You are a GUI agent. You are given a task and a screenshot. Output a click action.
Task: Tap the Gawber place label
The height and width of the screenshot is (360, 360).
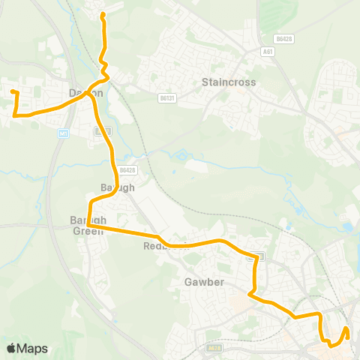(x=200, y=283)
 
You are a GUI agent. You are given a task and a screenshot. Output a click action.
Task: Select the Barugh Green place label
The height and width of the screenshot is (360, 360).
(x=88, y=226)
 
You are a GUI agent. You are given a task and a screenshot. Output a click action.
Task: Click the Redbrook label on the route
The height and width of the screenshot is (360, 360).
(x=162, y=245)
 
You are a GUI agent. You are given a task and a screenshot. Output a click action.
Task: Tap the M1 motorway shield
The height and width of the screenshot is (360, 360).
(x=64, y=133)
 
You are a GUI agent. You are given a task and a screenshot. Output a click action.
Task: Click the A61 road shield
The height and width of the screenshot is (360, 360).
(x=268, y=52)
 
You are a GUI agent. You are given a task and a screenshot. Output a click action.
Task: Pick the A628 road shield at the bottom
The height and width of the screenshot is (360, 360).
(x=215, y=348)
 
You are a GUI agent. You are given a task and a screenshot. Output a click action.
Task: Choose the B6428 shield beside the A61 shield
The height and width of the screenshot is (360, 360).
(x=283, y=37)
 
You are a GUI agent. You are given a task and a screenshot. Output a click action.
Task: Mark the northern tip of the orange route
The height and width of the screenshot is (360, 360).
(x=103, y=14)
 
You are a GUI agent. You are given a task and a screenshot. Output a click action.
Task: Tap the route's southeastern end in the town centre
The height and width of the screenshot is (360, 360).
(x=346, y=328)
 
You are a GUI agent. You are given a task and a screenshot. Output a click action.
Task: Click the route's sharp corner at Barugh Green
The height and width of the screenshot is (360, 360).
(x=88, y=224)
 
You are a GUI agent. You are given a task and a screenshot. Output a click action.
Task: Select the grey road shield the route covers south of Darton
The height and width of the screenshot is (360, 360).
(x=100, y=130)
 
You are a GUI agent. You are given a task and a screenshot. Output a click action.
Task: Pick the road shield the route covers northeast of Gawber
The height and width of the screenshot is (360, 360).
(x=256, y=256)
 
